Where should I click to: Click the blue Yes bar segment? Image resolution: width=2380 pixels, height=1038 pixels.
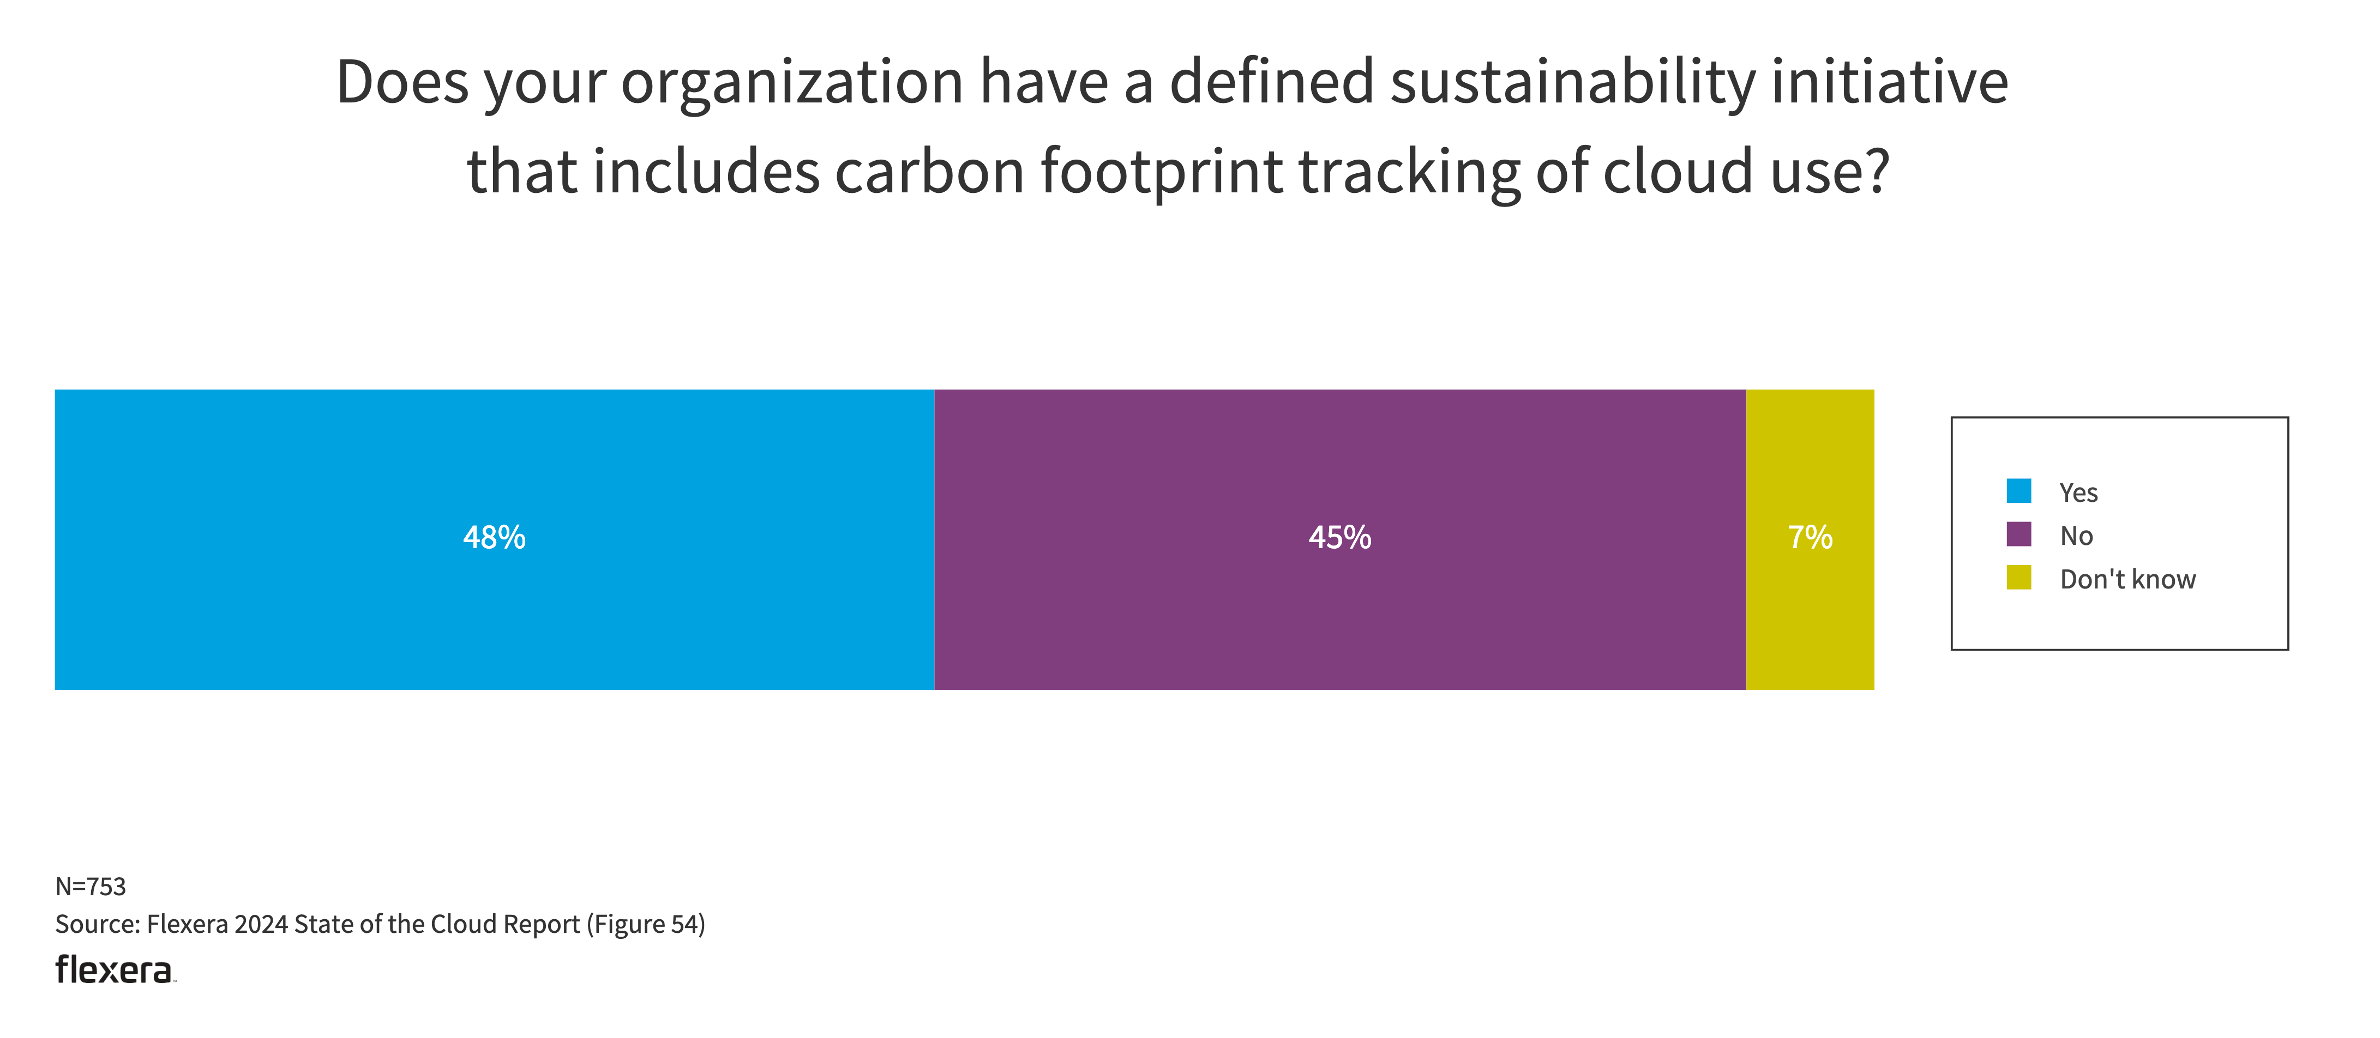click(277, 610)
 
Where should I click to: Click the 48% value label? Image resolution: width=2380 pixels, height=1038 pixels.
click(494, 537)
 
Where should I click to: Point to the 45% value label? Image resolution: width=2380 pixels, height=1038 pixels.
click(1339, 537)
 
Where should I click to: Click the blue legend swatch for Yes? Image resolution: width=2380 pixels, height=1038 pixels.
click(2019, 491)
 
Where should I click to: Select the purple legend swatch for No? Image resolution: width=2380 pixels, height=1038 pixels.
click(2019, 535)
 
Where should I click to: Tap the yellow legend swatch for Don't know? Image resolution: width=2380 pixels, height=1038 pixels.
click(2019, 578)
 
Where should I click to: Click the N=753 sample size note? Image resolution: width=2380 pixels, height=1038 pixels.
click(91, 887)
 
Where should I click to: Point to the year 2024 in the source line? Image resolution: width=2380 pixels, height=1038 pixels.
click(261, 925)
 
